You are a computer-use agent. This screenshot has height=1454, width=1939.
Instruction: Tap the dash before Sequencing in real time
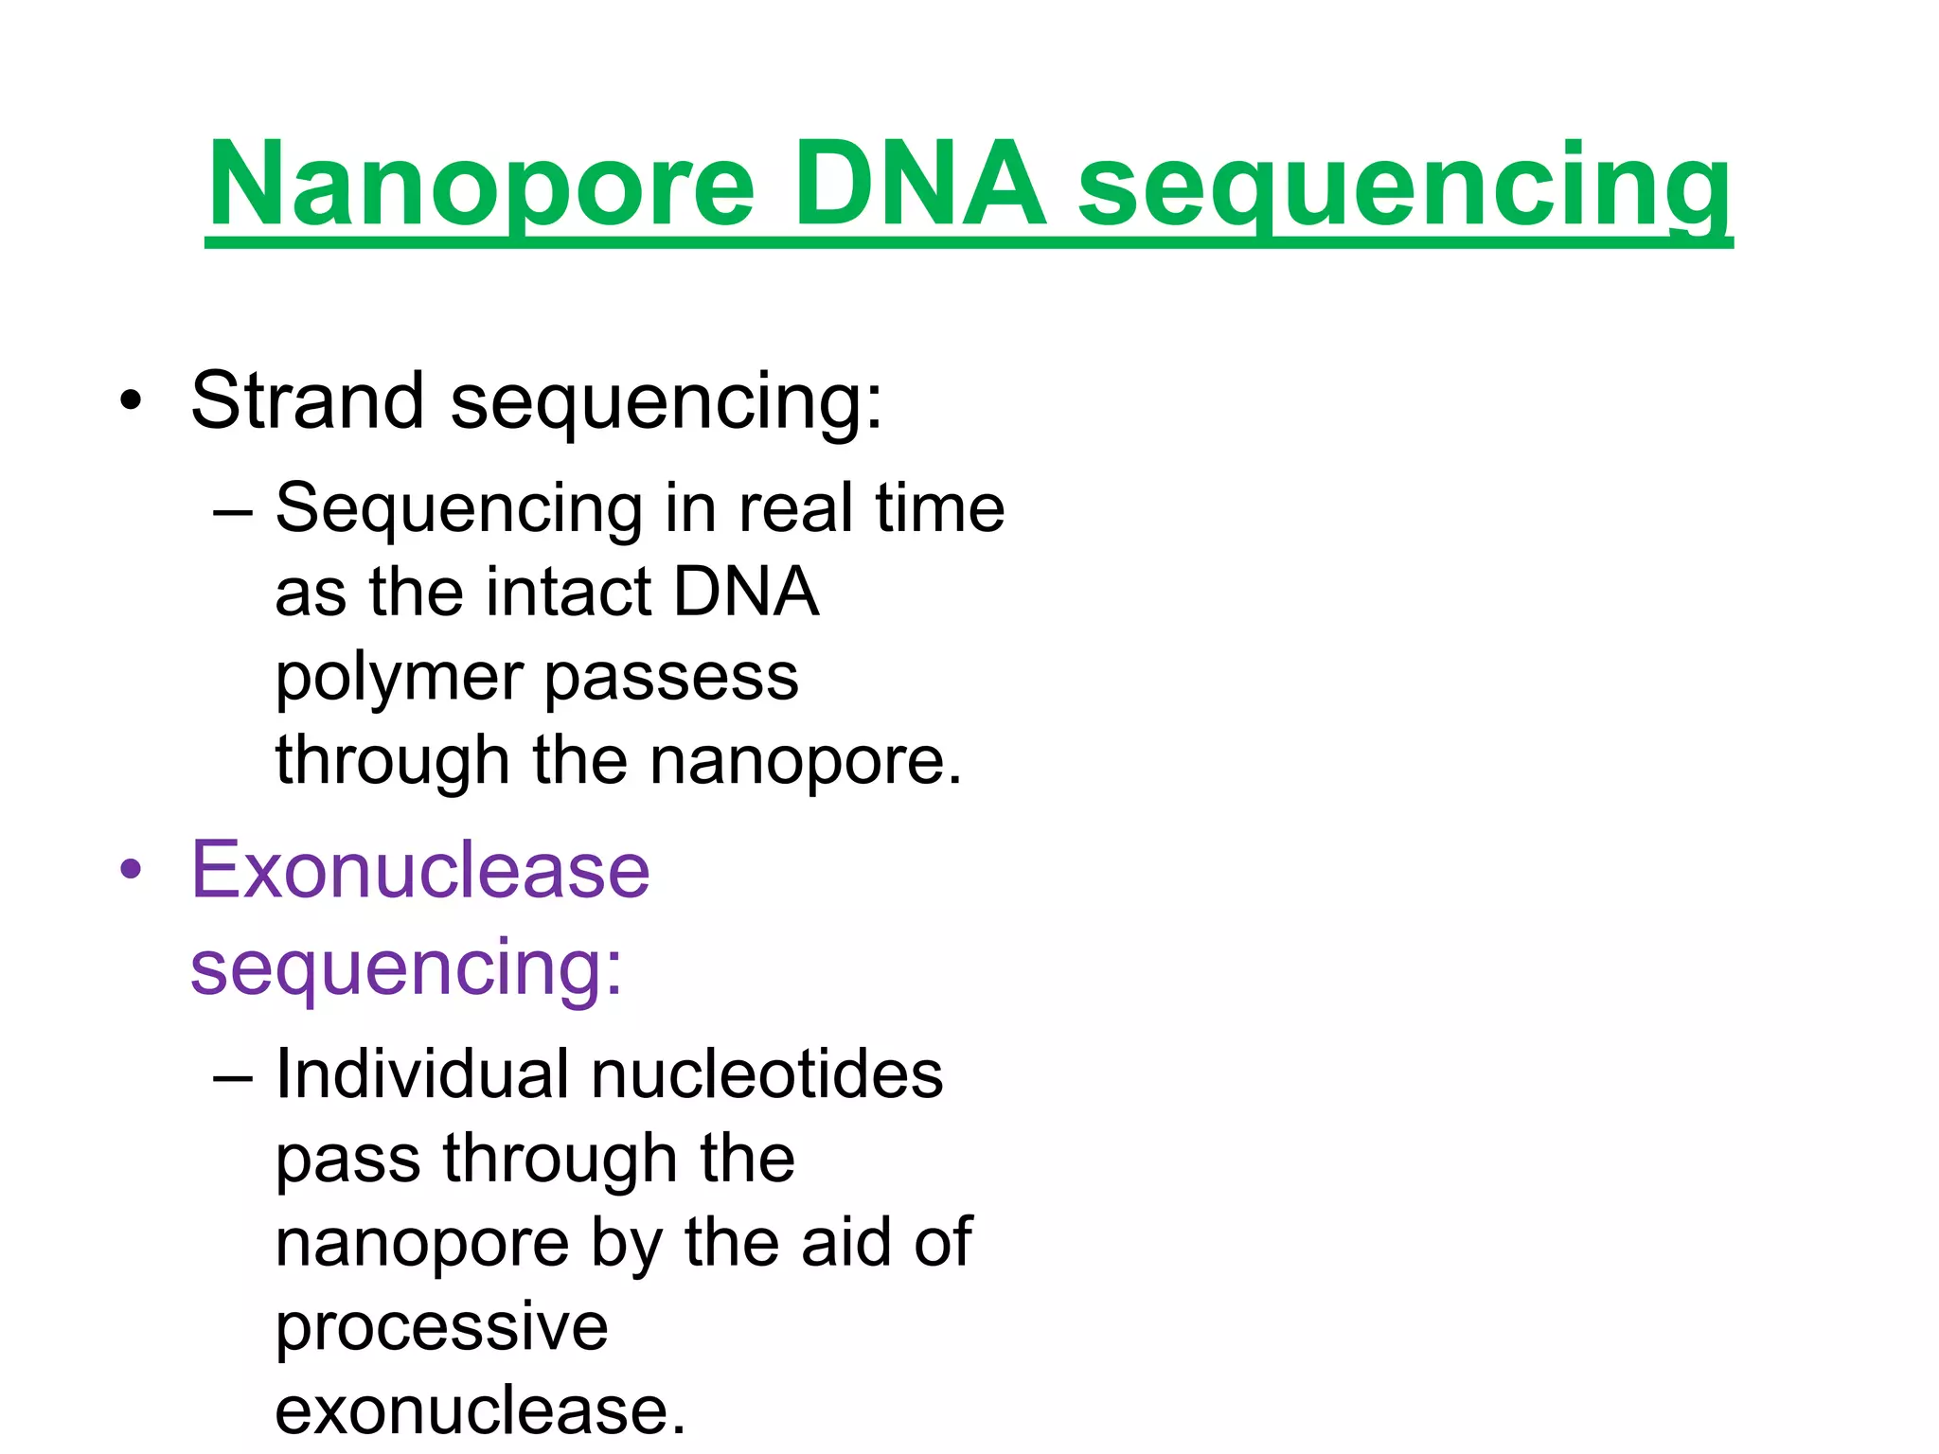click(x=233, y=512)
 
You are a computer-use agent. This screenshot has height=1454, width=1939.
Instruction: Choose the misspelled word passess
click(x=671, y=678)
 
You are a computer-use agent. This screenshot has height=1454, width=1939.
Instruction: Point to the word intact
click(x=569, y=593)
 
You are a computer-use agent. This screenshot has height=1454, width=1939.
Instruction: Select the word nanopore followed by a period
click(x=805, y=761)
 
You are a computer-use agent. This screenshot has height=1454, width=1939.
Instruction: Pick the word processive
click(x=441, y=1327)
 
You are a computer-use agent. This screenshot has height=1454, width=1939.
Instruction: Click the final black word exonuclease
click(x=479, y=1410)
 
